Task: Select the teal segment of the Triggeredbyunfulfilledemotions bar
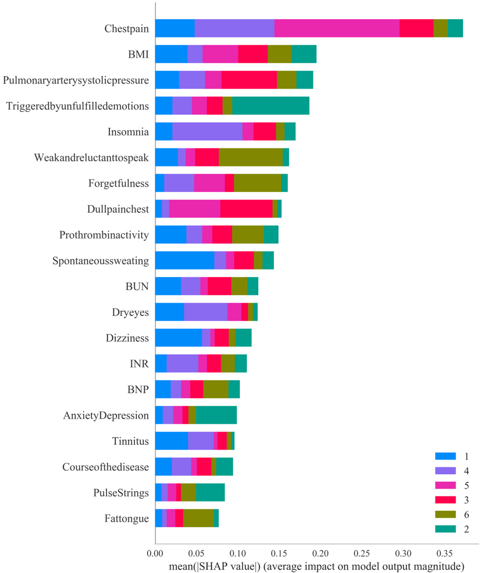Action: coord(271,105)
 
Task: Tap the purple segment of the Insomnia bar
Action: coord(207,131)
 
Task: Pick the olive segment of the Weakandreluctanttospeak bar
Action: coord(251,157)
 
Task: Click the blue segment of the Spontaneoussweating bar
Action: coord(184,260)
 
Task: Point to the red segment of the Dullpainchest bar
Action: coord(246,209)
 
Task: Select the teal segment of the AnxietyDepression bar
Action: coord(216,415)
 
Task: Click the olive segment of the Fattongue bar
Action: coord(198,518)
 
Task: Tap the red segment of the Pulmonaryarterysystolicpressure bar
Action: coord(249,80)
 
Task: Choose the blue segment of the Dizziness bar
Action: coord(178,338)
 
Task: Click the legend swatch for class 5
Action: coord(445,485)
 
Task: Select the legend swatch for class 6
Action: coord(445,514)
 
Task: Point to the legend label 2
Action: coord(466,529)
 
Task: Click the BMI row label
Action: coord(138,54)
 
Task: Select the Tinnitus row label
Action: coord(130,441)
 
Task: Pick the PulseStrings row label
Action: coord(121,493)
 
